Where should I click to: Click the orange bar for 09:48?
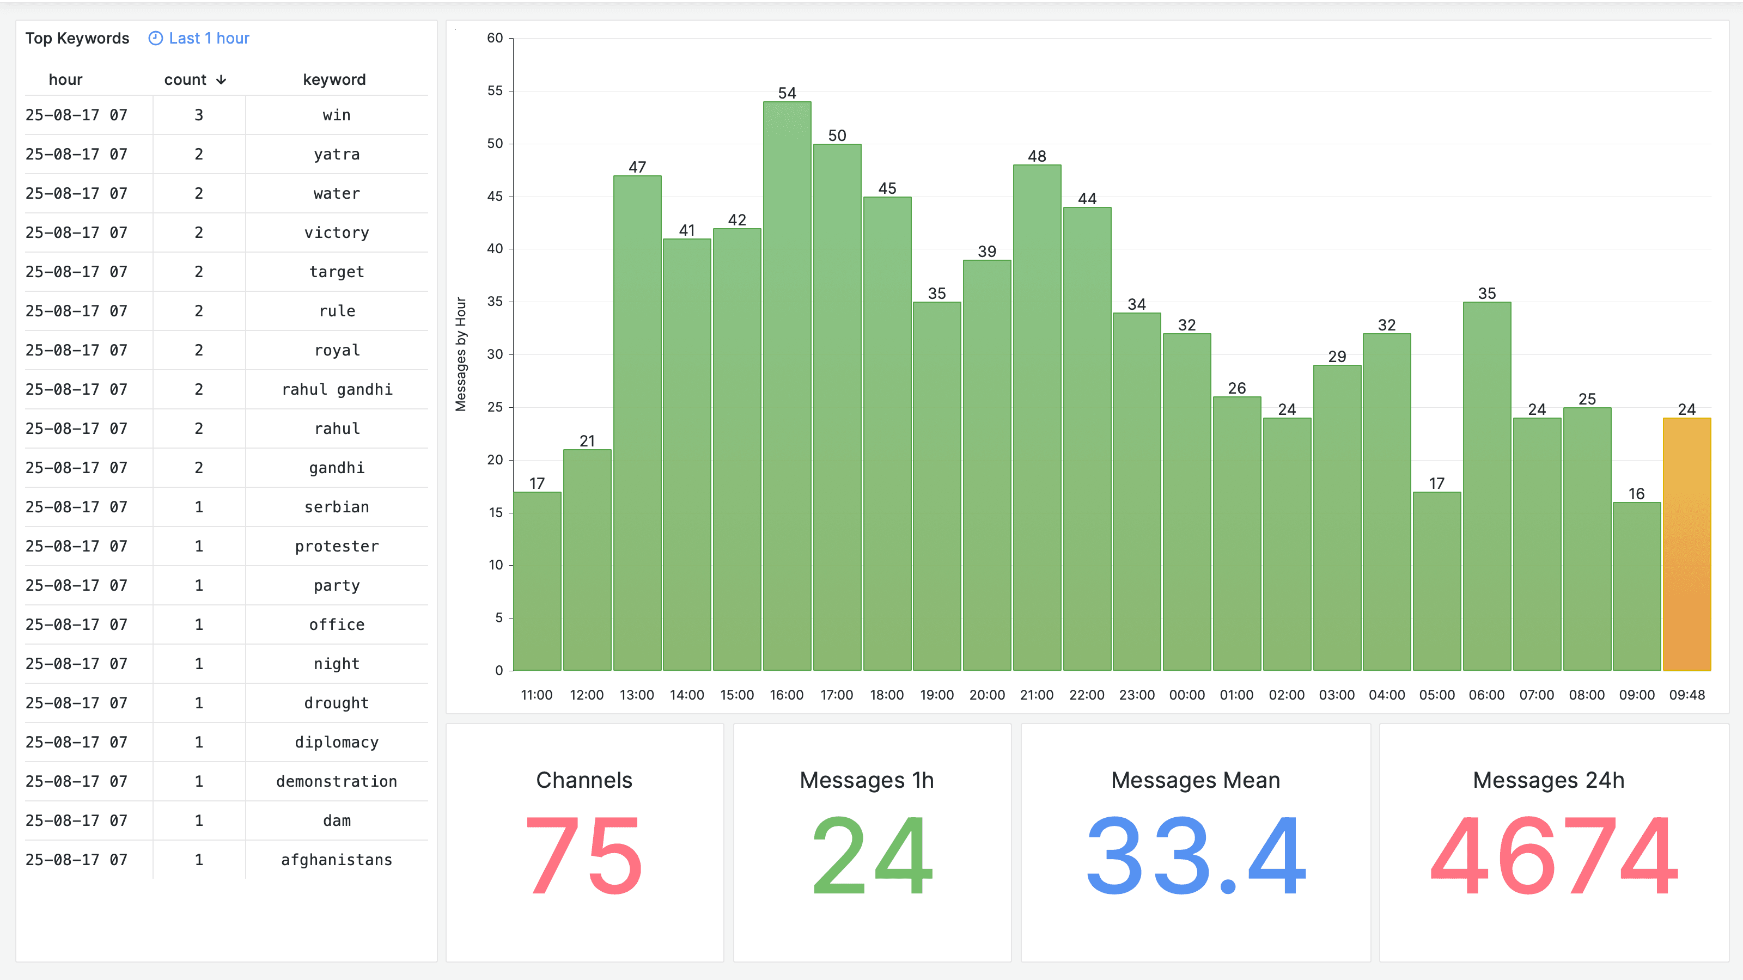1686,544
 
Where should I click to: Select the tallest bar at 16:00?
787,385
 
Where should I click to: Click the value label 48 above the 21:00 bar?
1037,156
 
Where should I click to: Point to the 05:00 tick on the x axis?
1436,695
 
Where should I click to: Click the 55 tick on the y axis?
495,90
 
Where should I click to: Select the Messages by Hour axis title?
461,354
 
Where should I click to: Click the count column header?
185,80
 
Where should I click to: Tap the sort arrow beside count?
221,80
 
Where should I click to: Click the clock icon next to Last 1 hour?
156,39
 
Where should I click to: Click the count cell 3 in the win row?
199,115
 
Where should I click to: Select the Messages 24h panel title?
1548,780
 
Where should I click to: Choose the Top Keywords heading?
77,39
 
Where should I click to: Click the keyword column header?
334,80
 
